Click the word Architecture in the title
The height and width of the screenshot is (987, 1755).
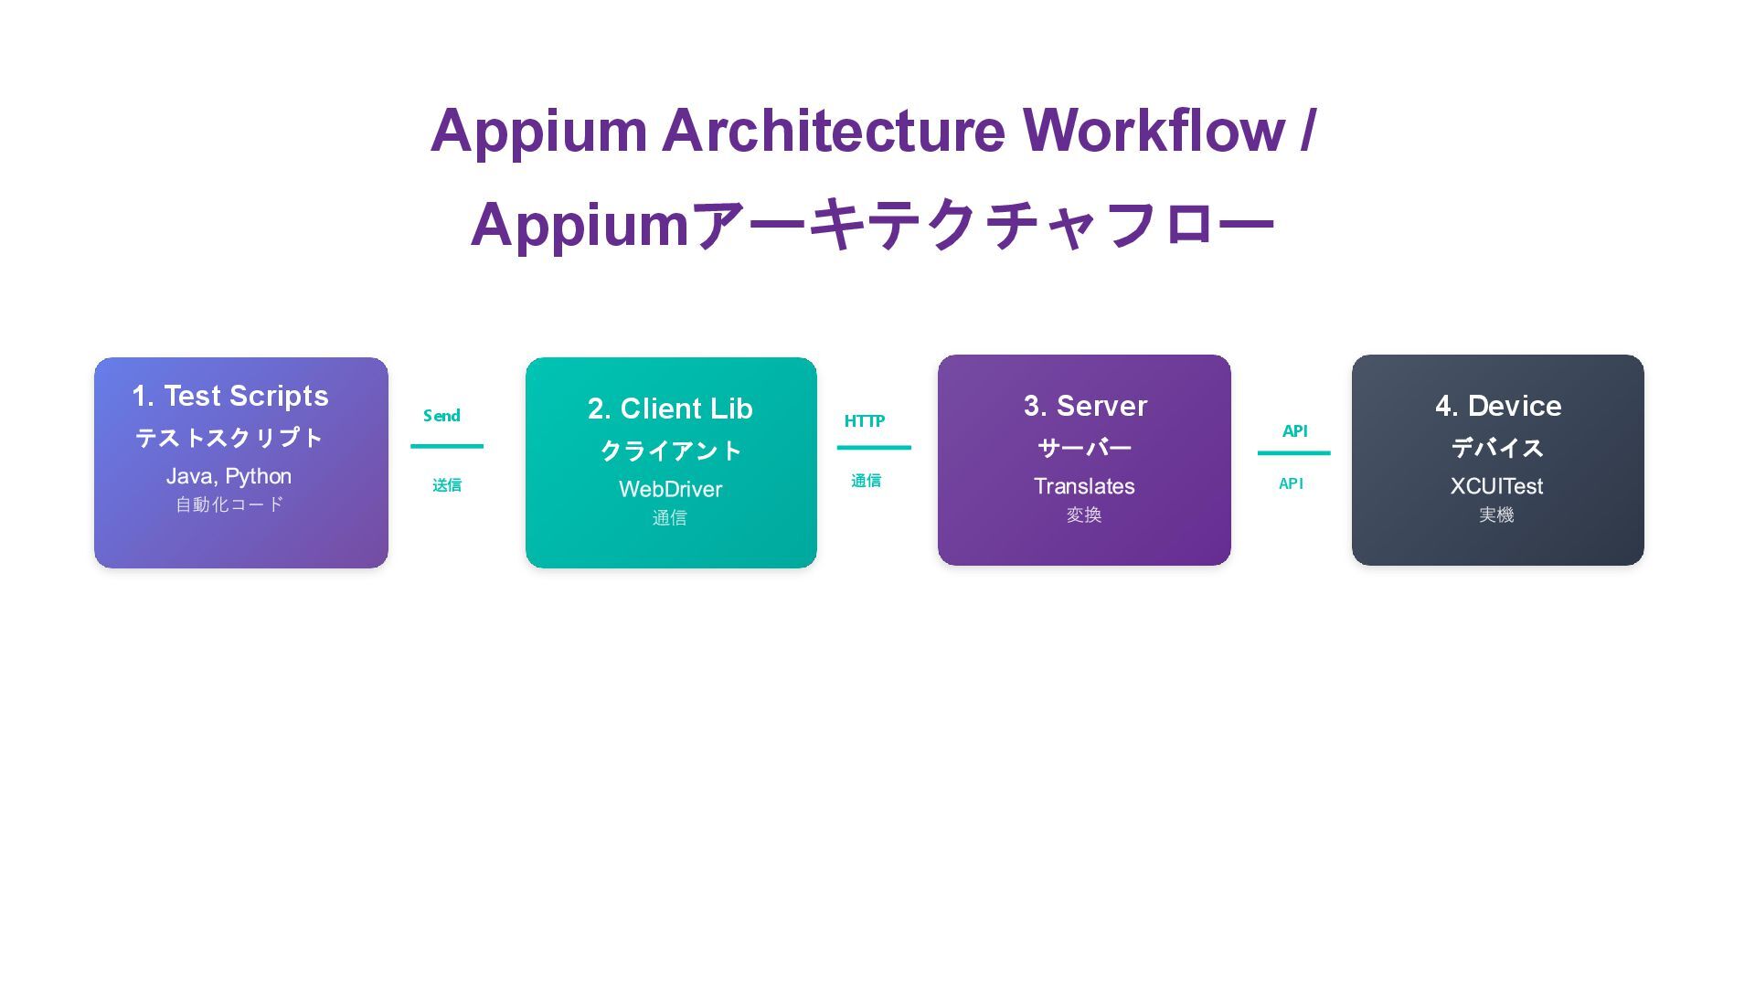[x=833, y=130]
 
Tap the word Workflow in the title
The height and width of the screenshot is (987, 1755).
[x=1154, y=130]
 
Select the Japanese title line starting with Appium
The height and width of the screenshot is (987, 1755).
[x=872, y=225]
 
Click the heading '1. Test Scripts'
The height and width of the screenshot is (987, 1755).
[x=230, y=396]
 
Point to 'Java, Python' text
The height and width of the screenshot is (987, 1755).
[x=229, y=476]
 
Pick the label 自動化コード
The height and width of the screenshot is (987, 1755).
[x=229, y=504]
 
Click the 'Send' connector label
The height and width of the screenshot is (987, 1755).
[x=441, y=416]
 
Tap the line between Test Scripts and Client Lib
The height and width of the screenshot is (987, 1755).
[x=447, y=446]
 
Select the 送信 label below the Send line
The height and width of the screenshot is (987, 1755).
[x=447, y=485]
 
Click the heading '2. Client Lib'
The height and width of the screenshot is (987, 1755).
[x=670, y=409]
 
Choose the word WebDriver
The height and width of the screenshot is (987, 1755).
[x=670, y=489]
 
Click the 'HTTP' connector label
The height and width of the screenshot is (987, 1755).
[x=864, y=421]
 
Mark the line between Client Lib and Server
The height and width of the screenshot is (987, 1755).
[x=874, y=448]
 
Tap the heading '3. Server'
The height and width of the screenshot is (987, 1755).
[x=1085, y=406]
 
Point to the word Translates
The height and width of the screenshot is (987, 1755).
[x=1084, y=486]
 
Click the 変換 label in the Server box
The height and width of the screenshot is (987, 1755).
[x=1084, y=515]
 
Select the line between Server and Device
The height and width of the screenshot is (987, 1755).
[x=1293, y=452]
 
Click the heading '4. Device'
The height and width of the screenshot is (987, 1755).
[x=1498, y=406]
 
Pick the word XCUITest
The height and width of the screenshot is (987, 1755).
[x=1496, y=486]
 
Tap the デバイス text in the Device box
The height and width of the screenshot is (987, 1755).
[x=1497, y=448]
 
